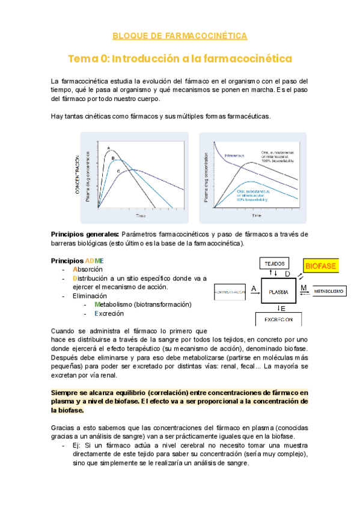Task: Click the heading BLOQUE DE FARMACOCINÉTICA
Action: coord(180,36)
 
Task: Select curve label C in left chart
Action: coord(118,171)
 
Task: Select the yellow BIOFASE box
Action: coord(320,265)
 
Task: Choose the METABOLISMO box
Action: coord(329,292)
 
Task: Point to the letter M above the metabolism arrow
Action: coord(303,287)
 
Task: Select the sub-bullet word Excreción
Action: coord(108,313)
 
